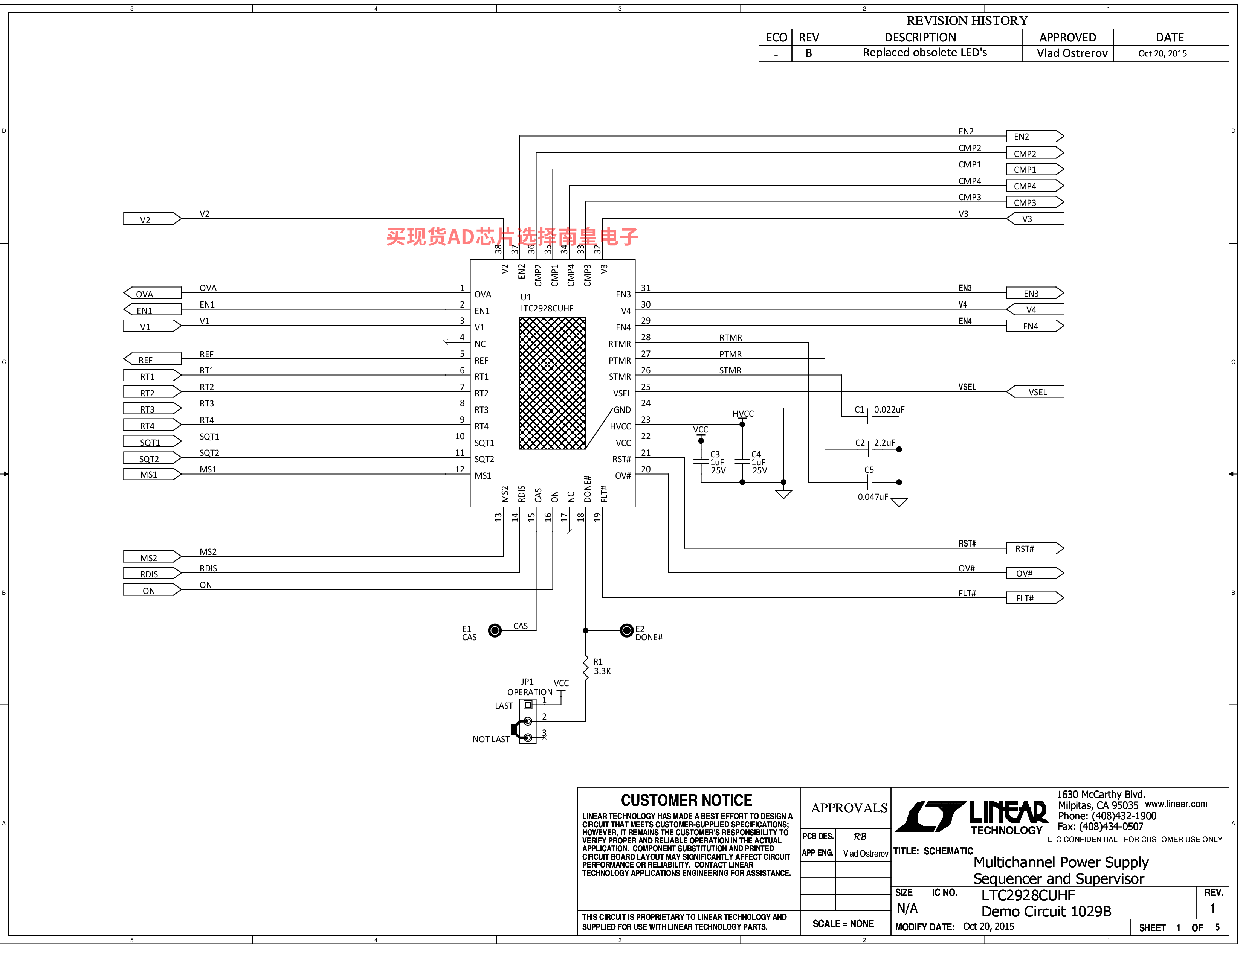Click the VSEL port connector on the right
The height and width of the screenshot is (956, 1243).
click(1035, 392)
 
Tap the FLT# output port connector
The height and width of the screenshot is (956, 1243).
click(1035, 598)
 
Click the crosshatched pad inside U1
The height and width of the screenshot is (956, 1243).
click(553, 383)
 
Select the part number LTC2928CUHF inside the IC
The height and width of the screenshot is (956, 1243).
click(547, 308)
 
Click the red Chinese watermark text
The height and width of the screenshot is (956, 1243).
click(512, 237)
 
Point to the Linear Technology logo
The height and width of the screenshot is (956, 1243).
click(971, 817)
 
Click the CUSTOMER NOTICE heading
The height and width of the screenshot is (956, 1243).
click(686, 800)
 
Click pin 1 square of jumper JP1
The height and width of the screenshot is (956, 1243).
click(528, 705)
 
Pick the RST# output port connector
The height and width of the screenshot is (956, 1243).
click(1035, 548)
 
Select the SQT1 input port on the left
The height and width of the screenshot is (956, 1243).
click(152, 442)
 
